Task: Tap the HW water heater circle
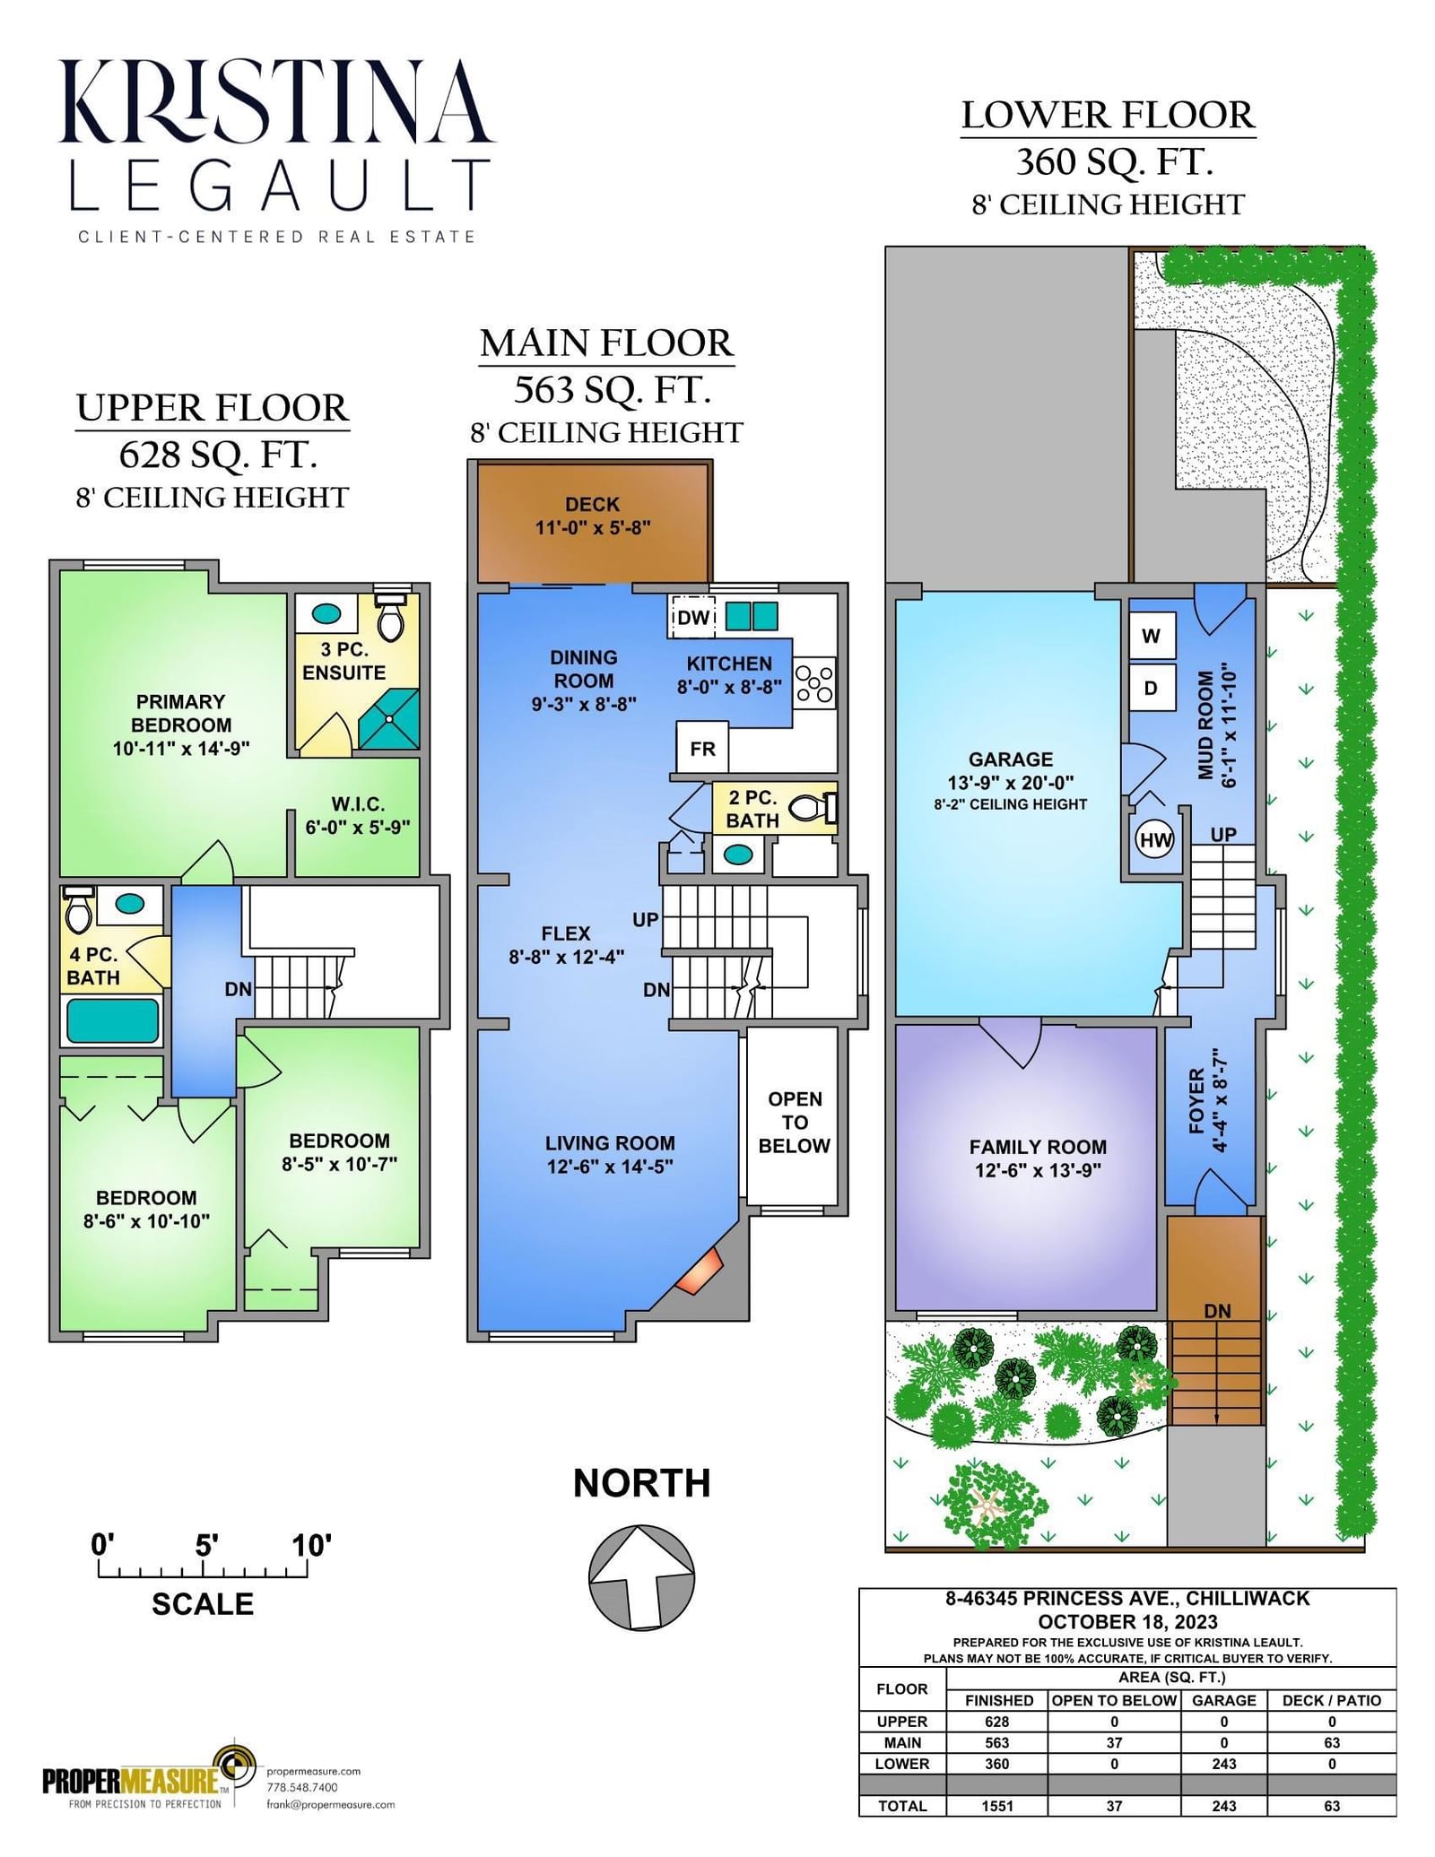[1155, 840]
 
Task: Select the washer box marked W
[1152, 636]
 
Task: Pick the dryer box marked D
[1152, 688]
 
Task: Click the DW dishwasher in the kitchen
[692, 617]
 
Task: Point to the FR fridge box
[702, 748]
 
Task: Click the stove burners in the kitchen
[814, 683]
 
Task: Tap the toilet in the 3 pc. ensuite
[390, 616]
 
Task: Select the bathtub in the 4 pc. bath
[112, 1020]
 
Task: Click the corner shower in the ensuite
[389, 718]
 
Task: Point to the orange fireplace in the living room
[700, 1271]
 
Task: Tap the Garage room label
[1011, 759]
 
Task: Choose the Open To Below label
[794, 1122]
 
